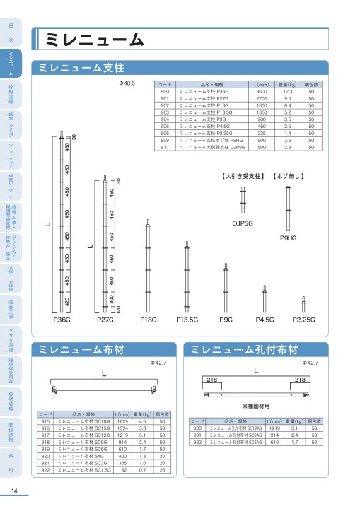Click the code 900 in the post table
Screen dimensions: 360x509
click(166, 92)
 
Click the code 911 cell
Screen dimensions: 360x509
click(166, 148)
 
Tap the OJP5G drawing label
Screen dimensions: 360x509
click(243, 203)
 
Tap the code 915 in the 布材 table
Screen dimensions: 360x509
click(45, 421)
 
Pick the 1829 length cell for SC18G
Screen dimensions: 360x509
click(121, 421)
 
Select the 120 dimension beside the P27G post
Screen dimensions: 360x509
click(118, 309)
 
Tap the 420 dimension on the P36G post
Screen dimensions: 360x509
click(66, 301)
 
